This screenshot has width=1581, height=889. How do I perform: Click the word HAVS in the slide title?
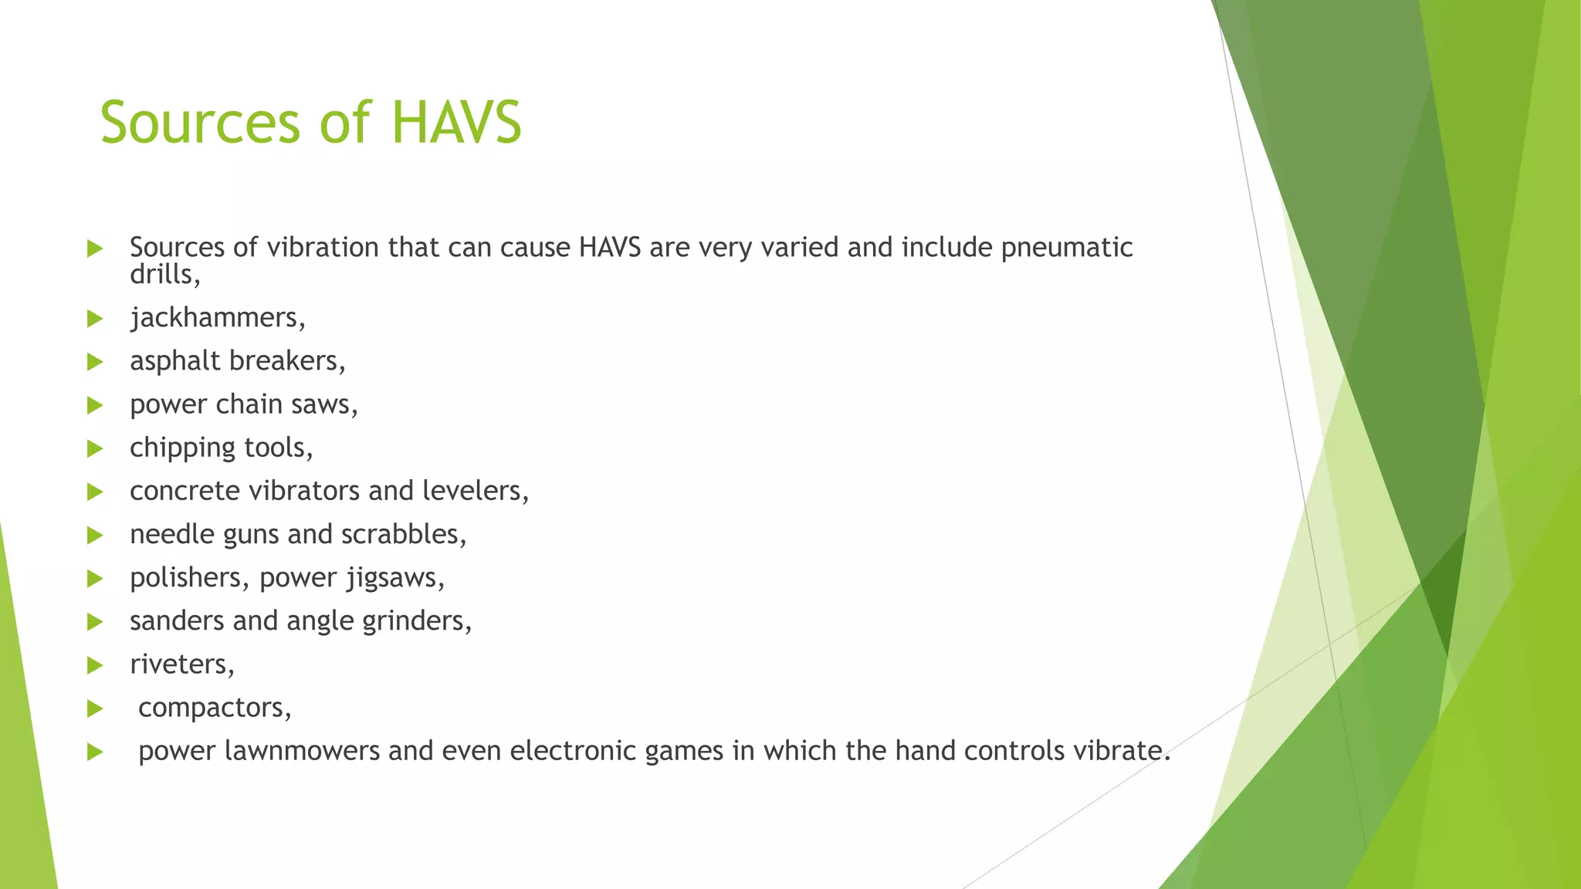click(x=456, y=123)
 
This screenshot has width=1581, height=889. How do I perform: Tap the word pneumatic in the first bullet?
click(x=1067, y=248)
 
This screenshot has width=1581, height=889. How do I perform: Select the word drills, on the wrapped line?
click(x=164, y=275)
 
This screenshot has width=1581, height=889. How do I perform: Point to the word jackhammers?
click(x=218, y=318)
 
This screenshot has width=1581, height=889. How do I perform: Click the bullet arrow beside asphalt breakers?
click(x=95, y=362)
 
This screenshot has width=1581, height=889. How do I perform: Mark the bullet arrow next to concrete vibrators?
click(x=95, y=492)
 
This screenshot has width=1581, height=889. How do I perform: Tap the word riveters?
click(x=182, y=664)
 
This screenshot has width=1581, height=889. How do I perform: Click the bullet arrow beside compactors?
click(x=95, y=708)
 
